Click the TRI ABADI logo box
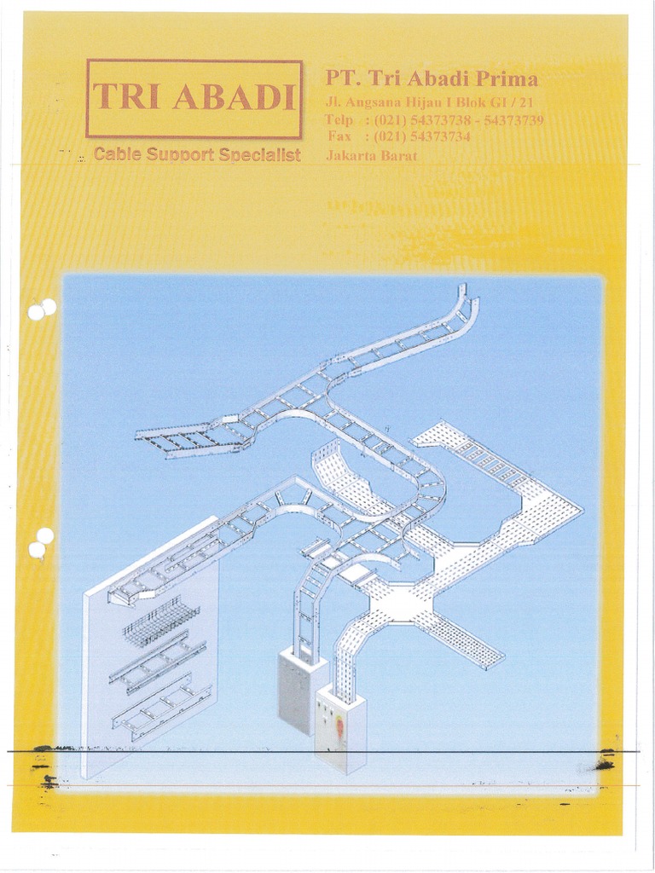[194, 98]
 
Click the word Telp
[339, 120]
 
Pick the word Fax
[339, 136]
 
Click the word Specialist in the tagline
[258, 155]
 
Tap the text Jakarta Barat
[371, 156]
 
